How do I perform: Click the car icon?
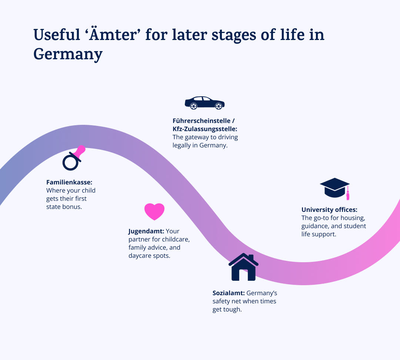(204, 103)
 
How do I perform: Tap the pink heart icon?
(154, 211)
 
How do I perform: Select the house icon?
(243, 267)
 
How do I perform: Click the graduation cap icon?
(334, 187)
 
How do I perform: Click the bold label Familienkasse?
(69, 182)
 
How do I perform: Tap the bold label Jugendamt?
(146, 231)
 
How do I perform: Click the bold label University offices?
(329, 210)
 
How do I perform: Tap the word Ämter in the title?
(113, 35)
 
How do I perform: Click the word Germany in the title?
(68, 54)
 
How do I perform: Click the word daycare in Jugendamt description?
(140, 256)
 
